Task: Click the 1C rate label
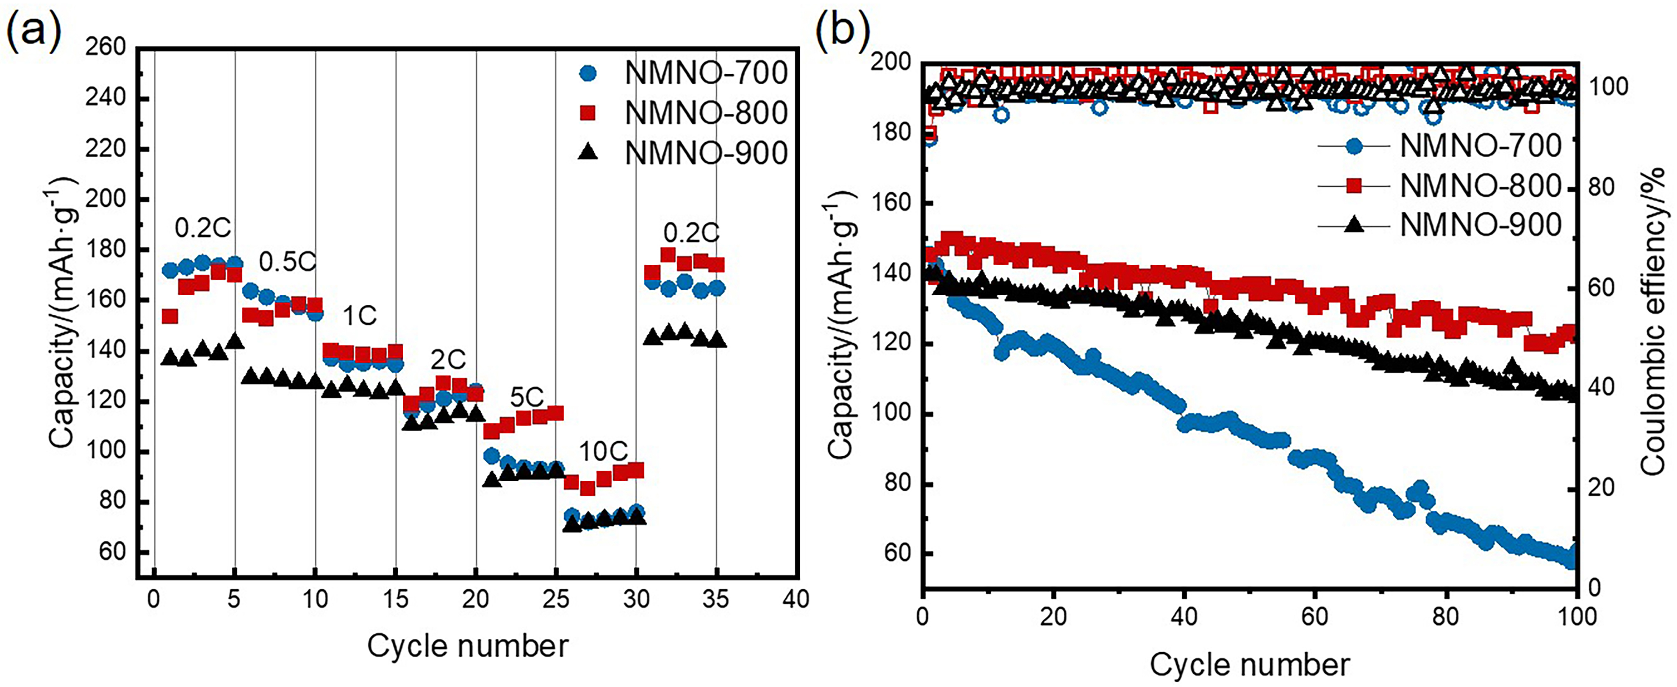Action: pos(359,316)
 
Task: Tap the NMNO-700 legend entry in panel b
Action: pos(1480,145)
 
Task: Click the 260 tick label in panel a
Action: pos(105,47)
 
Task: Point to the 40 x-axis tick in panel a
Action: pos(796,598)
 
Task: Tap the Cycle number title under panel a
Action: pos(467,646)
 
